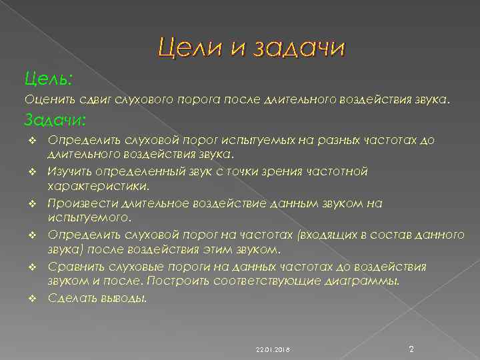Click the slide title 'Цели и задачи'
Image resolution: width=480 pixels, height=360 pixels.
[x=251, y=49]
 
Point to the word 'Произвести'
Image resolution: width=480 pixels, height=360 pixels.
[x=76, y=203]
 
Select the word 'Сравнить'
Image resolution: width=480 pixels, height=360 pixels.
[x=71, y=267]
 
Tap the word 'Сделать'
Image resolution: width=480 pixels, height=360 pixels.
[x=69, y=298]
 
